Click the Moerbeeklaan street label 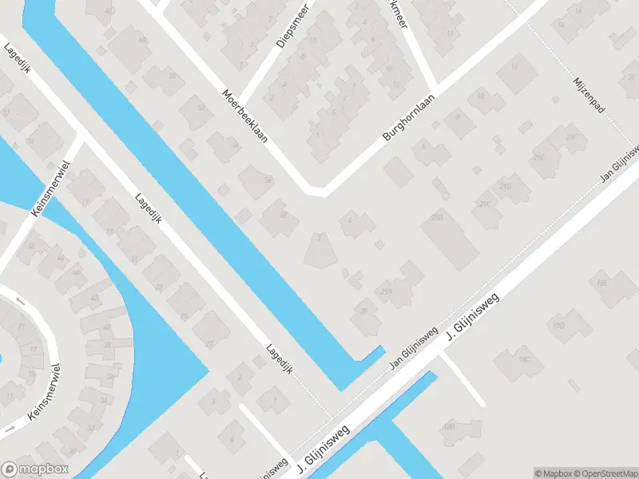click(245, 115)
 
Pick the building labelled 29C click(484, 204)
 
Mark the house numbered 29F click(571, 137)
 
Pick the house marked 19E click(603, 282)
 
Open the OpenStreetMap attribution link click(604, 473)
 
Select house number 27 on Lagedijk click(210, 344)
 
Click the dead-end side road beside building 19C click(463, 379)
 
